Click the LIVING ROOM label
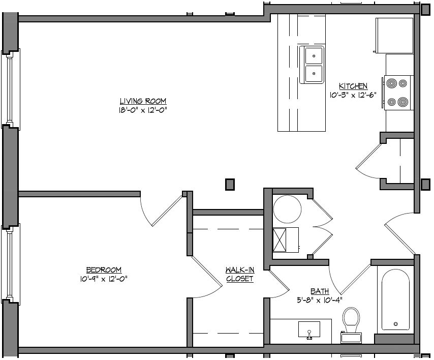click(143, 101)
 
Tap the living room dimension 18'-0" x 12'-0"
click(143, 110)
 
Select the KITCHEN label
click(353, 86)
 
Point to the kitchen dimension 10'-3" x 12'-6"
click(353, 95)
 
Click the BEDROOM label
click(104, 269)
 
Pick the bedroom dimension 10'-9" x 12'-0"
click(104, 279)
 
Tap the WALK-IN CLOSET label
click(240, 274)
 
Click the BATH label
click(320, 291)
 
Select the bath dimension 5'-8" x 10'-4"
click(320, 300)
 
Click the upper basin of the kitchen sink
click(314, 56)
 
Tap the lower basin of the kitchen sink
click(314, 74)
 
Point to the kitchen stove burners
click(397, 93)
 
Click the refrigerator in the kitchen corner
click(394, 36)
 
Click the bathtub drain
click(396, 324)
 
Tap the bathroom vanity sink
click(309, 330)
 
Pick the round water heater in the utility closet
click(287, 209)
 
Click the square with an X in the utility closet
click(280, 240)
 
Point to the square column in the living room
click(230, 185)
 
